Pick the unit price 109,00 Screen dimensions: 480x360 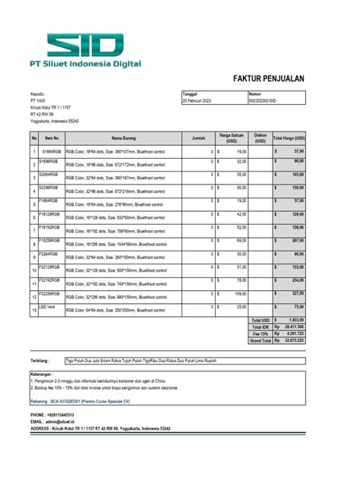[x=240, y=292]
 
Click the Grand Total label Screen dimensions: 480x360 [x=261, y=341]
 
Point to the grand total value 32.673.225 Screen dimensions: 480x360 [x=295, y=341]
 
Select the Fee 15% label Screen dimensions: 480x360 [x=262, y=334]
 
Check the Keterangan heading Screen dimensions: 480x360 [x=43, y=374]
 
